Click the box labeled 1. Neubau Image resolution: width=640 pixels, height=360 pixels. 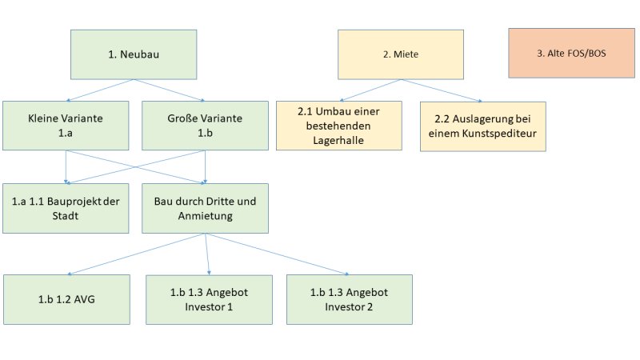[x=134, y=54]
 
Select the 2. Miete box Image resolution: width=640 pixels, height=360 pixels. [x=401, y=54]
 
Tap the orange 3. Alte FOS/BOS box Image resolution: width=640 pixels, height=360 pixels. [x=571, y=53]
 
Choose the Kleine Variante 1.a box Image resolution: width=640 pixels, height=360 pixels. [x=66, y=126]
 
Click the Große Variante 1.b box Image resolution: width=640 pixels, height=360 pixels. [x=205, y=126]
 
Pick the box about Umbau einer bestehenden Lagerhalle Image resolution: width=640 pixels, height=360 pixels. [x=338, y=126]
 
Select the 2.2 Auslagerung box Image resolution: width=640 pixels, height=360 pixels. [x=483, y=126]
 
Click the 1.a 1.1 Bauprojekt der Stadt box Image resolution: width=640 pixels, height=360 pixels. [x=66, y=208]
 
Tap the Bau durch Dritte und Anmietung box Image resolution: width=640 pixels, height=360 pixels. [x=205, y=208]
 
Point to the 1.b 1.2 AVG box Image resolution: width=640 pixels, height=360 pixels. [x=66, y=299]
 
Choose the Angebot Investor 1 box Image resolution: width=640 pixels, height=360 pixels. [x=209, y=299]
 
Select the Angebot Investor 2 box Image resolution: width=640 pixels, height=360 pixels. [x=350, y=299]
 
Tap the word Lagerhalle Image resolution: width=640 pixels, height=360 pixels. [x=338, y=141]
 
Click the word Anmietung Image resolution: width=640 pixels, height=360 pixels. [x=205, y=216]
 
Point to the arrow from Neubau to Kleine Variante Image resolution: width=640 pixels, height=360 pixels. [x=100, y=90]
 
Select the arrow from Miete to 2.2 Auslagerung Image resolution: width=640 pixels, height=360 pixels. [x=442, y=90]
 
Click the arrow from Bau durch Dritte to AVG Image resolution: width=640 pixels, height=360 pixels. [x=136, y=254]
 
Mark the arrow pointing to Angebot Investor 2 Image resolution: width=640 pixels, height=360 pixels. [x=277, y=254]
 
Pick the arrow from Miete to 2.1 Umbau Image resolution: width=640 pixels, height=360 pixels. [x=370, y=90]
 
